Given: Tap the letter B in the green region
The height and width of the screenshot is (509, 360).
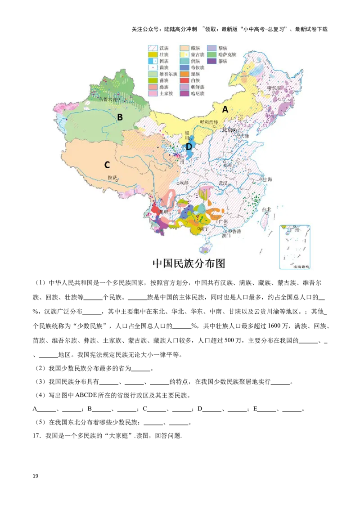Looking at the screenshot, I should pos(120,117).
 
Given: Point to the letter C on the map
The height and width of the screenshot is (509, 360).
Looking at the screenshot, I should pos(107,165).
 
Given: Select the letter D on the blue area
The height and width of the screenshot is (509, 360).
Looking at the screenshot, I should pos(189,147).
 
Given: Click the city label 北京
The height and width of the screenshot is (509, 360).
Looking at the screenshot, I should pos(227,130).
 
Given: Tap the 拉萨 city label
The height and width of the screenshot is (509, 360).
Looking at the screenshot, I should pos(112,177).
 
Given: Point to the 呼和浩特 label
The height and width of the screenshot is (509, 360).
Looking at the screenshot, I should pos(209,122).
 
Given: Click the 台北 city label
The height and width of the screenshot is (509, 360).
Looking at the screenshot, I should pos(267,209).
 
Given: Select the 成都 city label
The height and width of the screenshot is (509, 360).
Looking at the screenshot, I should pos(183,183).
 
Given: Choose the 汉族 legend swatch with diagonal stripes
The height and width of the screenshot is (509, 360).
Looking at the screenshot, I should pos(153,47).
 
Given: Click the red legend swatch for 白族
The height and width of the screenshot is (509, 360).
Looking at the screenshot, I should pos(184,80).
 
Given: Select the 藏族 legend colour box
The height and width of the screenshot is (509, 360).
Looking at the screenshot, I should pos(184,47).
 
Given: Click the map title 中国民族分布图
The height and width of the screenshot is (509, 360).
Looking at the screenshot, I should pos(189,263).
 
